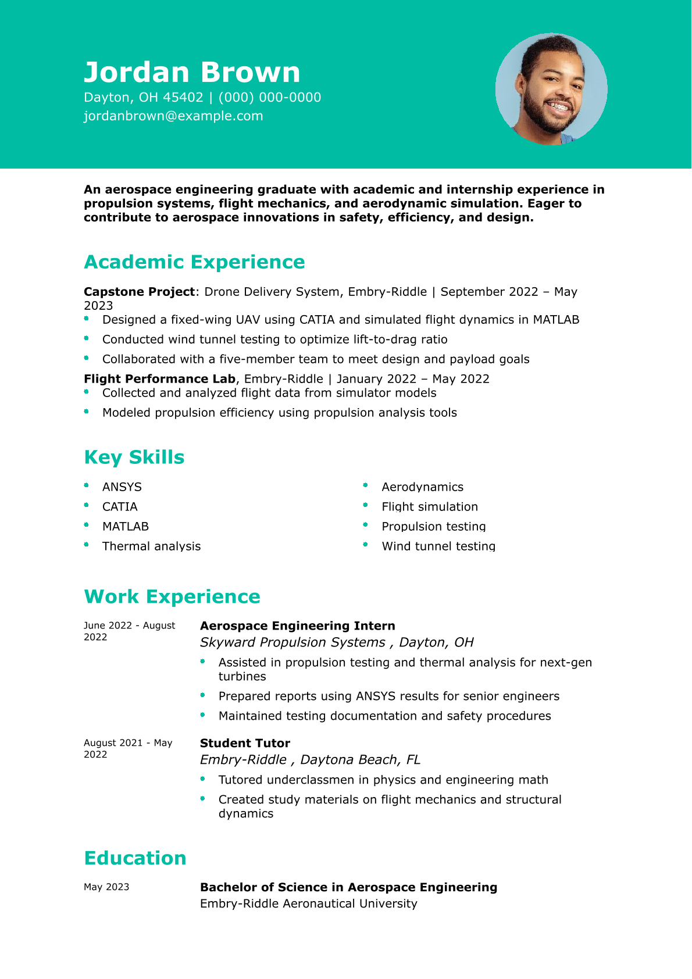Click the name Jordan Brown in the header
pos(192,73)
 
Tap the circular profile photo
pos(551,89)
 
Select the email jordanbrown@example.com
pos(173,116)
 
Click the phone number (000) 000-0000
pos(270,97)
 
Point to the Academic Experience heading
pos(194,262)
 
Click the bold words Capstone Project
pos(139,292)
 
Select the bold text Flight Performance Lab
pos(159,379)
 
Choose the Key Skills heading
pos(134,458)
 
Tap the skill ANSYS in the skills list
pos(122,487)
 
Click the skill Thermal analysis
pos(151,546)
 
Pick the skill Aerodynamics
pos(423,487)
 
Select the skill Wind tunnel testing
pos(438,546)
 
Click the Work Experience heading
pos(172,597)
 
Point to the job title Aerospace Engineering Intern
pos(297,626)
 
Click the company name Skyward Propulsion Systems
pos(293,642)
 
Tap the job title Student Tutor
pos(245,744)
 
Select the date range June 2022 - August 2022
pos(129,631)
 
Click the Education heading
pos(135,859)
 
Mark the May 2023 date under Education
pos(106,887)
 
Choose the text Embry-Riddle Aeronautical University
pos(308,904)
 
